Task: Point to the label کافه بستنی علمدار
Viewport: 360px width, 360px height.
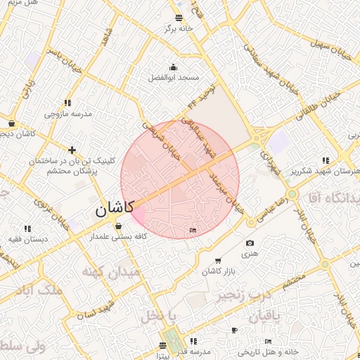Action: (117, 237)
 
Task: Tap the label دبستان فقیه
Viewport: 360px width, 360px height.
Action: (28, 239)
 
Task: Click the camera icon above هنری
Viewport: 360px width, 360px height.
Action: (250, 243)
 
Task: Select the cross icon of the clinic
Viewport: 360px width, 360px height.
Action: (72, 150)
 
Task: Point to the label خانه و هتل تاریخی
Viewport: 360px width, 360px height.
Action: (271, 351)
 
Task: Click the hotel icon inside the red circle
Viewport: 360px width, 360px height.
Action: (193, 230)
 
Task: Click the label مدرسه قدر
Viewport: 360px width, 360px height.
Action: (195, 351)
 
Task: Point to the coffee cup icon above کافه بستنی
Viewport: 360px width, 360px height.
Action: (117, 226)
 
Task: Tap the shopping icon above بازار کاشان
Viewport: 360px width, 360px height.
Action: (217, 261)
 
